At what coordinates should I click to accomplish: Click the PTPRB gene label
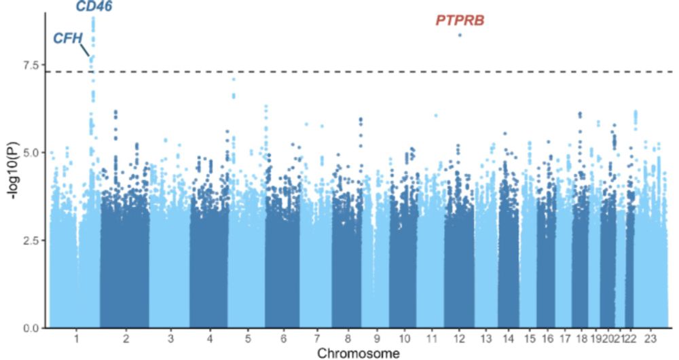click(x=460, y=21)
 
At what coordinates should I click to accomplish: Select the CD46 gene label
click(x=94, y=7)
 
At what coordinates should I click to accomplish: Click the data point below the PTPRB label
click(x=460, y=35)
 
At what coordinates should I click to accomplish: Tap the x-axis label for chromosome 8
click(x=347, y=338)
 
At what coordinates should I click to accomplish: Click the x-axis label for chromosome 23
click(x=650, y=338)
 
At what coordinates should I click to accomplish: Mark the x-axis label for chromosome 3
click(x=170, y=338)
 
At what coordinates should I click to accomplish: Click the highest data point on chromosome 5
click(x=234, y=79)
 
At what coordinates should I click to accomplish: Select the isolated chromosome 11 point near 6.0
click(x=436, y=115)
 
